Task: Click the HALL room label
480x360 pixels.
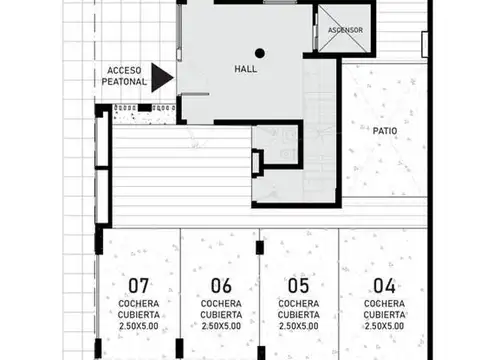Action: click(x=246, y=70)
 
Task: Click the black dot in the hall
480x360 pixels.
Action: click(x=259, y=53)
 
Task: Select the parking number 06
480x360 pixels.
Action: click(x=221, y=283)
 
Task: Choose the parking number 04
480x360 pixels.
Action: click(x=384, y=283)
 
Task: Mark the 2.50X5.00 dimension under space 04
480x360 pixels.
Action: click(x=384, y=326)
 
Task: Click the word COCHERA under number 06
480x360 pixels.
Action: click(x=221, y=303)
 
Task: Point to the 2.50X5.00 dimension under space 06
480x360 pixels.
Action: click(x=221, y=326)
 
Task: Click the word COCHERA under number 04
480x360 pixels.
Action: click(x=384, y=303)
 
